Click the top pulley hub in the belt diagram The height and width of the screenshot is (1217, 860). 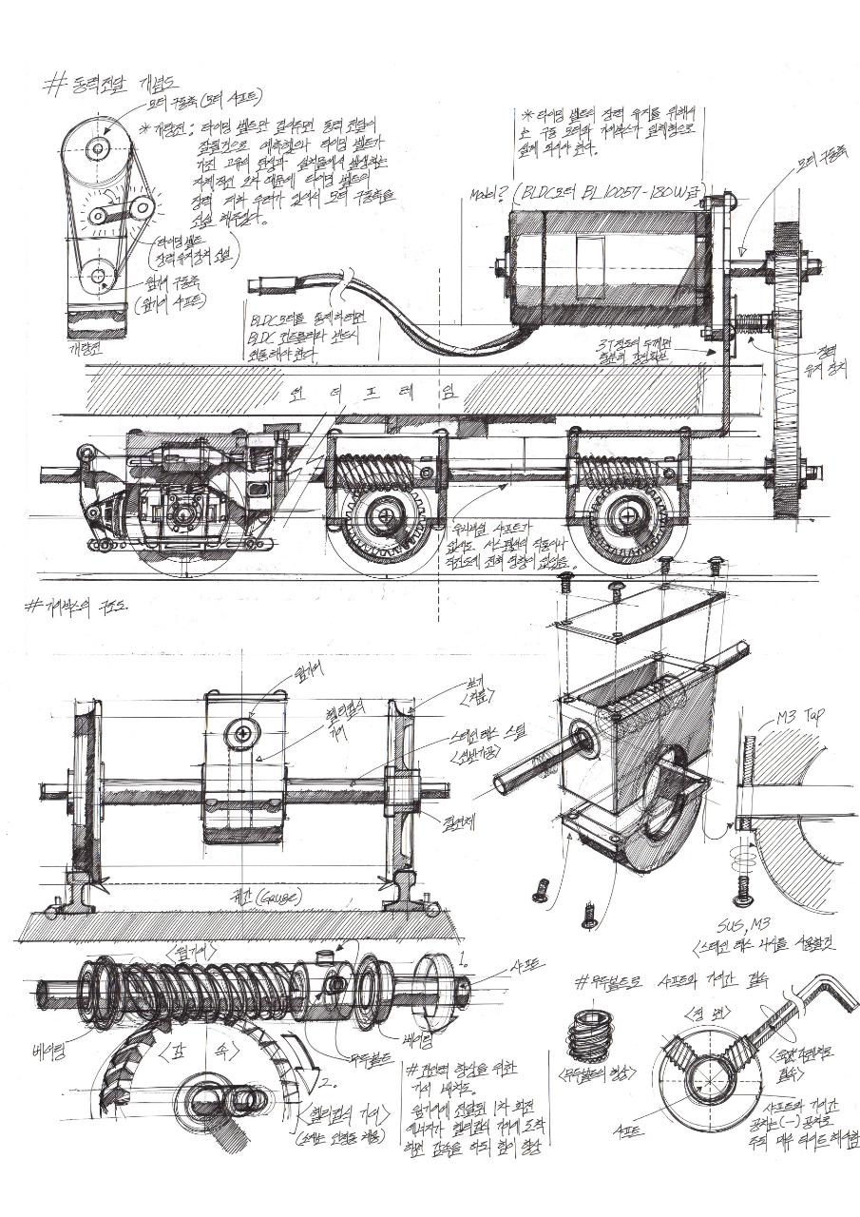click(99, 148)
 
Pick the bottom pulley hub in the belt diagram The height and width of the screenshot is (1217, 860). click(99, 277)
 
